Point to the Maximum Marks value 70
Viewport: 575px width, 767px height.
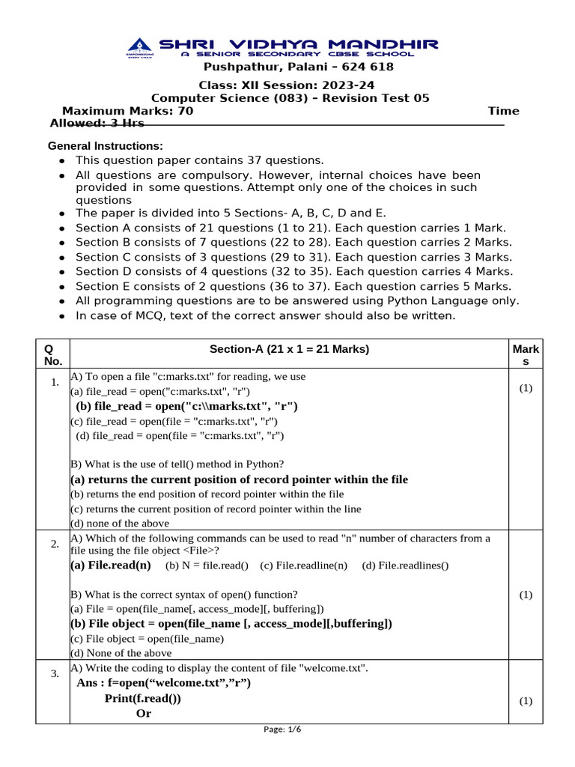[x=186, y=111]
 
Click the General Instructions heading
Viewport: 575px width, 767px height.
[x=106, y=145]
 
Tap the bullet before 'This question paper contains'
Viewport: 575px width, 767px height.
[x=61, y=161]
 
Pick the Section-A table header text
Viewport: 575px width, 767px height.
[x=289, y=349]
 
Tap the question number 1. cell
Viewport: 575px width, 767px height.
[x=55, y=383]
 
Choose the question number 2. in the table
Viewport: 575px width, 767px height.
[x=55, y=544]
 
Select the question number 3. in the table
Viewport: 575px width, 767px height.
[x=55, y=673]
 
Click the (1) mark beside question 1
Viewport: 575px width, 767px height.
[x=526, y=388]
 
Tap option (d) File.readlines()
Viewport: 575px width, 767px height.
[x=405, y=566]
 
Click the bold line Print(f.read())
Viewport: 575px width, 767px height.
[x=142, y=698]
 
